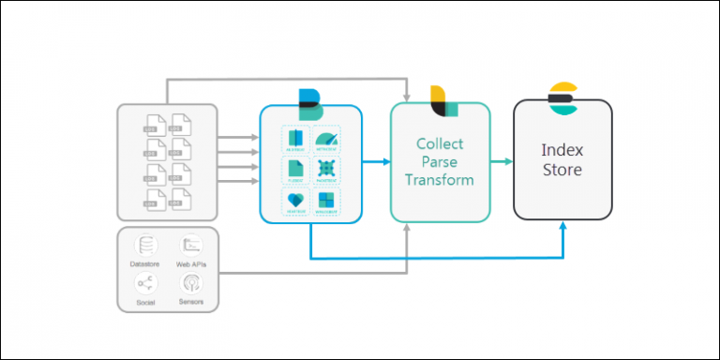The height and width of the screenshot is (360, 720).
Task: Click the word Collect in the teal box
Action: pyautogui.click(x=440, y=143)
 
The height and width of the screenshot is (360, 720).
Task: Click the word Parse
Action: pyautogui.click(x=440, y=161)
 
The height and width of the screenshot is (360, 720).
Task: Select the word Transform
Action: pyautogui.click(x=440, y=179)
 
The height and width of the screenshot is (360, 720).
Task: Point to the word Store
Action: pyautogui.click(x=562, y=170)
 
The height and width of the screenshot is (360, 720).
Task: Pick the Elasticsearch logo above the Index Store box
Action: pyautogui.click(x=562, y=97)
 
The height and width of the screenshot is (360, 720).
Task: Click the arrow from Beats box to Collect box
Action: pyautogui.click(x=376, y=162)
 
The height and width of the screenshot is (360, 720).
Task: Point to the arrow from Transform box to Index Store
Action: pyautogui.click(x=502, y=162)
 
